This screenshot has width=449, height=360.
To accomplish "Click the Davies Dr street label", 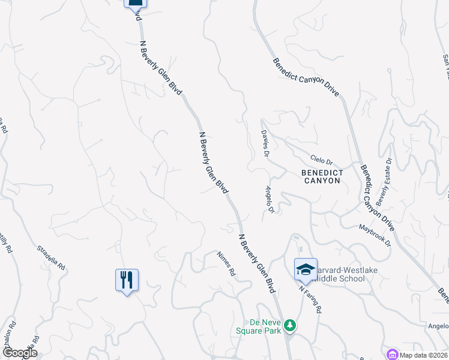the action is click(265, 145).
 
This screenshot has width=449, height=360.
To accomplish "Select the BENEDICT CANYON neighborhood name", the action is click(322, 176).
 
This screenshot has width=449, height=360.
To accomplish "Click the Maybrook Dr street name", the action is click(375, 236).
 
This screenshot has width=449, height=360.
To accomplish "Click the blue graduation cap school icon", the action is click(306, 268).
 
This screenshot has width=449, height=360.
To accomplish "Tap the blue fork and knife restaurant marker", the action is click(127, 280).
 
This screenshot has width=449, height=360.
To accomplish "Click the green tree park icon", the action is click(291, 325).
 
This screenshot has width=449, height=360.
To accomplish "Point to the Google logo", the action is click(19, 353).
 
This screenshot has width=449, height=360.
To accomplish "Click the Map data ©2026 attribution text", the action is click(423, 354).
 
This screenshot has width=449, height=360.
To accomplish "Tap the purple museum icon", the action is click(393, 353).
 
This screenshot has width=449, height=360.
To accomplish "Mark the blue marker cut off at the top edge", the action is click(136, 4).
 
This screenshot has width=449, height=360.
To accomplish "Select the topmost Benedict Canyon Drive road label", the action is click(306, 77).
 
